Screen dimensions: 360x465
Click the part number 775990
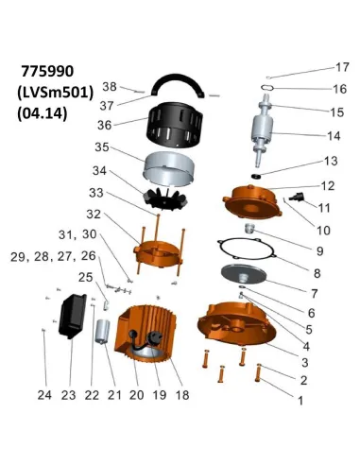(47, 72)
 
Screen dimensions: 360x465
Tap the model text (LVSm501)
(56, 93)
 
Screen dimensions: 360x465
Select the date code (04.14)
(43, 113)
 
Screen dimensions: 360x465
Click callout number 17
(342, 67)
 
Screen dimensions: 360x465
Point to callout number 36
(105, 125)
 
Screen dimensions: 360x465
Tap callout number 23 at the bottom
(68, 395)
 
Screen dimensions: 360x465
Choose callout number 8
(317, 273)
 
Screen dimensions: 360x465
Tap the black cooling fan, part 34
(165, 198)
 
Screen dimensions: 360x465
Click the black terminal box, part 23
(72, 316)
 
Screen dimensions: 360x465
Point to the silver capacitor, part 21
(103, 332)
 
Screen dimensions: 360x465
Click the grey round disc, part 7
(244, 275)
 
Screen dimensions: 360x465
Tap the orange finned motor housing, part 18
(145, 335)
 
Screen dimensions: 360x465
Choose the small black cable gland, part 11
(297, 197)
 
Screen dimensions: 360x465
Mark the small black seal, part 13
(256, 176)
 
